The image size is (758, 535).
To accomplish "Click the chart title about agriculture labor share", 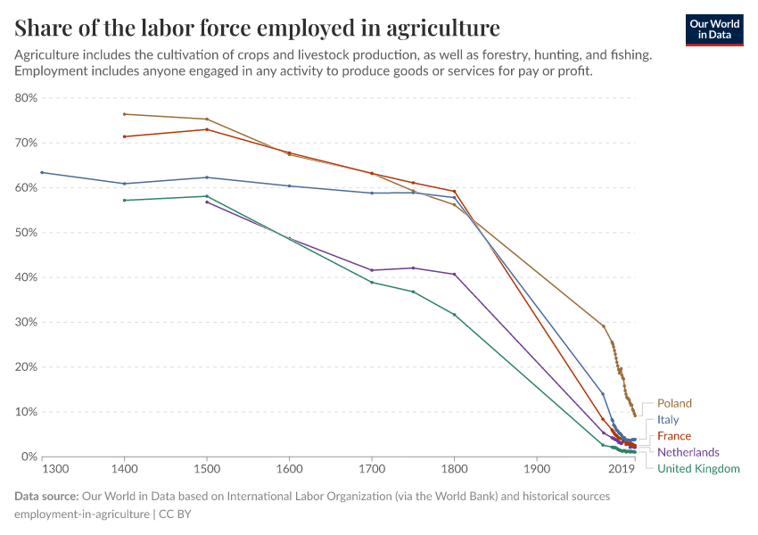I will click(x=257, y=27).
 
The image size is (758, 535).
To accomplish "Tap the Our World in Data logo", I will click(x=713, y=29).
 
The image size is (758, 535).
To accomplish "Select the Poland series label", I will click(x=674, y=404).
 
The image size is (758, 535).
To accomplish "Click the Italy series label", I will click(x=668, y=420).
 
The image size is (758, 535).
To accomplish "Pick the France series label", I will click(x=673, y=436).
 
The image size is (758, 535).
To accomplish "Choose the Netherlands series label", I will click(x=688, y=452).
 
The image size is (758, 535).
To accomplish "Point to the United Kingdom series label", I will click(x=698, y=468).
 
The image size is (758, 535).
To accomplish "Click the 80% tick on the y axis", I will click(x=26, y=98).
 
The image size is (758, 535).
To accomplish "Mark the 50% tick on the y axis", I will click(x=26, y=233).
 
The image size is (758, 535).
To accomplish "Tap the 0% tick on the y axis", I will click(x=29, y=457).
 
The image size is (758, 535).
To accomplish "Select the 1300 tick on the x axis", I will click(x=54, y=469).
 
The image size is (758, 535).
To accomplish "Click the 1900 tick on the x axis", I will click(x=536, y=469).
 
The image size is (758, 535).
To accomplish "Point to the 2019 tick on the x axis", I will click(x=621, y=469).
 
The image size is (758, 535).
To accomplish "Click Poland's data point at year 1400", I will click(x=125, y=114).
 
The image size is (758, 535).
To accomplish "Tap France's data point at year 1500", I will click(x=207, y=129).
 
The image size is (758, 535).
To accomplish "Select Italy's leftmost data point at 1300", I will click(x=42, y=173).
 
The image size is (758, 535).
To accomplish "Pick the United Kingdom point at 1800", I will click(x=454, y=315).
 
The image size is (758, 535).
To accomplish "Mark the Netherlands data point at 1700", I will click(x=372, y=270).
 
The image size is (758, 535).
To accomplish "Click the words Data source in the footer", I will click(x=45, y=497).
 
